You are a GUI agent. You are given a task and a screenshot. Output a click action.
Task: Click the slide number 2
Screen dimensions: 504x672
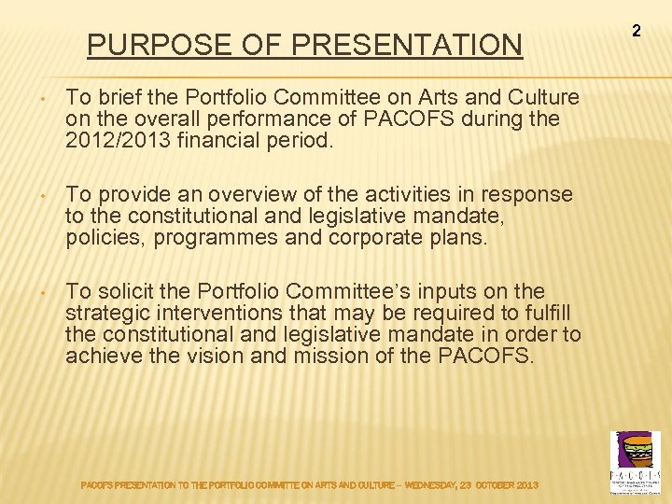point(637,31)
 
